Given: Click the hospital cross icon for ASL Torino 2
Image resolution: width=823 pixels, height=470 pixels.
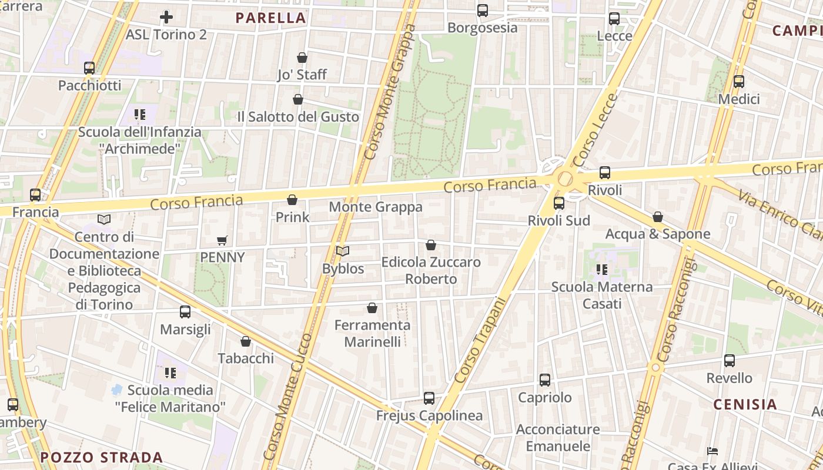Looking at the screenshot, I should (x=166, y=17).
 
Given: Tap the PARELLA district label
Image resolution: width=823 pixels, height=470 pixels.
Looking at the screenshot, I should (x=271, y=18).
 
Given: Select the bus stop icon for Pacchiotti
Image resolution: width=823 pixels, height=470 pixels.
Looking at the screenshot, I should (x=89, y=68).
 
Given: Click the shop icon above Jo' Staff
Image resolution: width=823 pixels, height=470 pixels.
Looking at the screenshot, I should (x=302, y=58).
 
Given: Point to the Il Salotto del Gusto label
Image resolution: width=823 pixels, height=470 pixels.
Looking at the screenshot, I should (x=297, y=117).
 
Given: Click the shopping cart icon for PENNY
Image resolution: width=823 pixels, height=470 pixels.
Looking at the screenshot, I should (x=222, y=240).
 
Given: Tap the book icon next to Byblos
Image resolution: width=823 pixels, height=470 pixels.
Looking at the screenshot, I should (x=343, y=251).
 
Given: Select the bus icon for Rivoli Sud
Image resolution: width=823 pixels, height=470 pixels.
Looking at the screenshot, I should (x=559, y=203).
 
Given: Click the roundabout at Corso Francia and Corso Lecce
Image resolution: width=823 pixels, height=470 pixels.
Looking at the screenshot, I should (x=565, y=179).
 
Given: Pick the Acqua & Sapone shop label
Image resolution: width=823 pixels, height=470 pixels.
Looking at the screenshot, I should (x=658, y=234).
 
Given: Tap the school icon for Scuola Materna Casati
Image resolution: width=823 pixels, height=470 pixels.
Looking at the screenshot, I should (x=601, y=270).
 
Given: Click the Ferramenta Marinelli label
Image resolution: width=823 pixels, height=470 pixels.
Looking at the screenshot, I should (x=372, y=333).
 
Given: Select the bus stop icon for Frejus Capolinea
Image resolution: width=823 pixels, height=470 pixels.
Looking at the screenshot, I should (x=429, y=398).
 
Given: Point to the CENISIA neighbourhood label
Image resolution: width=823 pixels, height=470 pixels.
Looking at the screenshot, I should (x=745, y=404).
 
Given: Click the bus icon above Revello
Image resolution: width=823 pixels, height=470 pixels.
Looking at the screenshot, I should (x=730, y=361).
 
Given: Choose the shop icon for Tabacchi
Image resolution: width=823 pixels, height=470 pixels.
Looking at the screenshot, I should (x=246, y=341).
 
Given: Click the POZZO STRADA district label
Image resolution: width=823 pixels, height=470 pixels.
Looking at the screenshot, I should (x=101, y=457).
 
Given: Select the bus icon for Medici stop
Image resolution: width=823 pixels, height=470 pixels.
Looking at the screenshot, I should (x=739, y=82).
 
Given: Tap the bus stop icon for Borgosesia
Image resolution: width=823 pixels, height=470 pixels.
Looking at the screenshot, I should (x=483, y=11).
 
